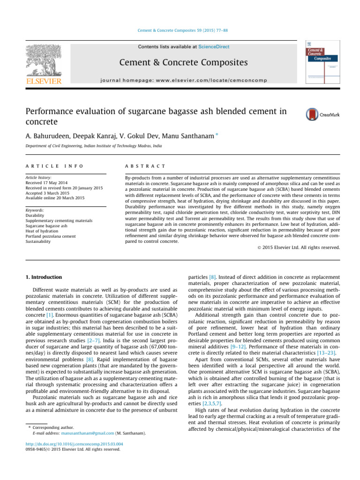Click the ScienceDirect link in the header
pyautogui.click(x=214, y=47)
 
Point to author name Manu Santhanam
pyautogui.click(x=194, y=135)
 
